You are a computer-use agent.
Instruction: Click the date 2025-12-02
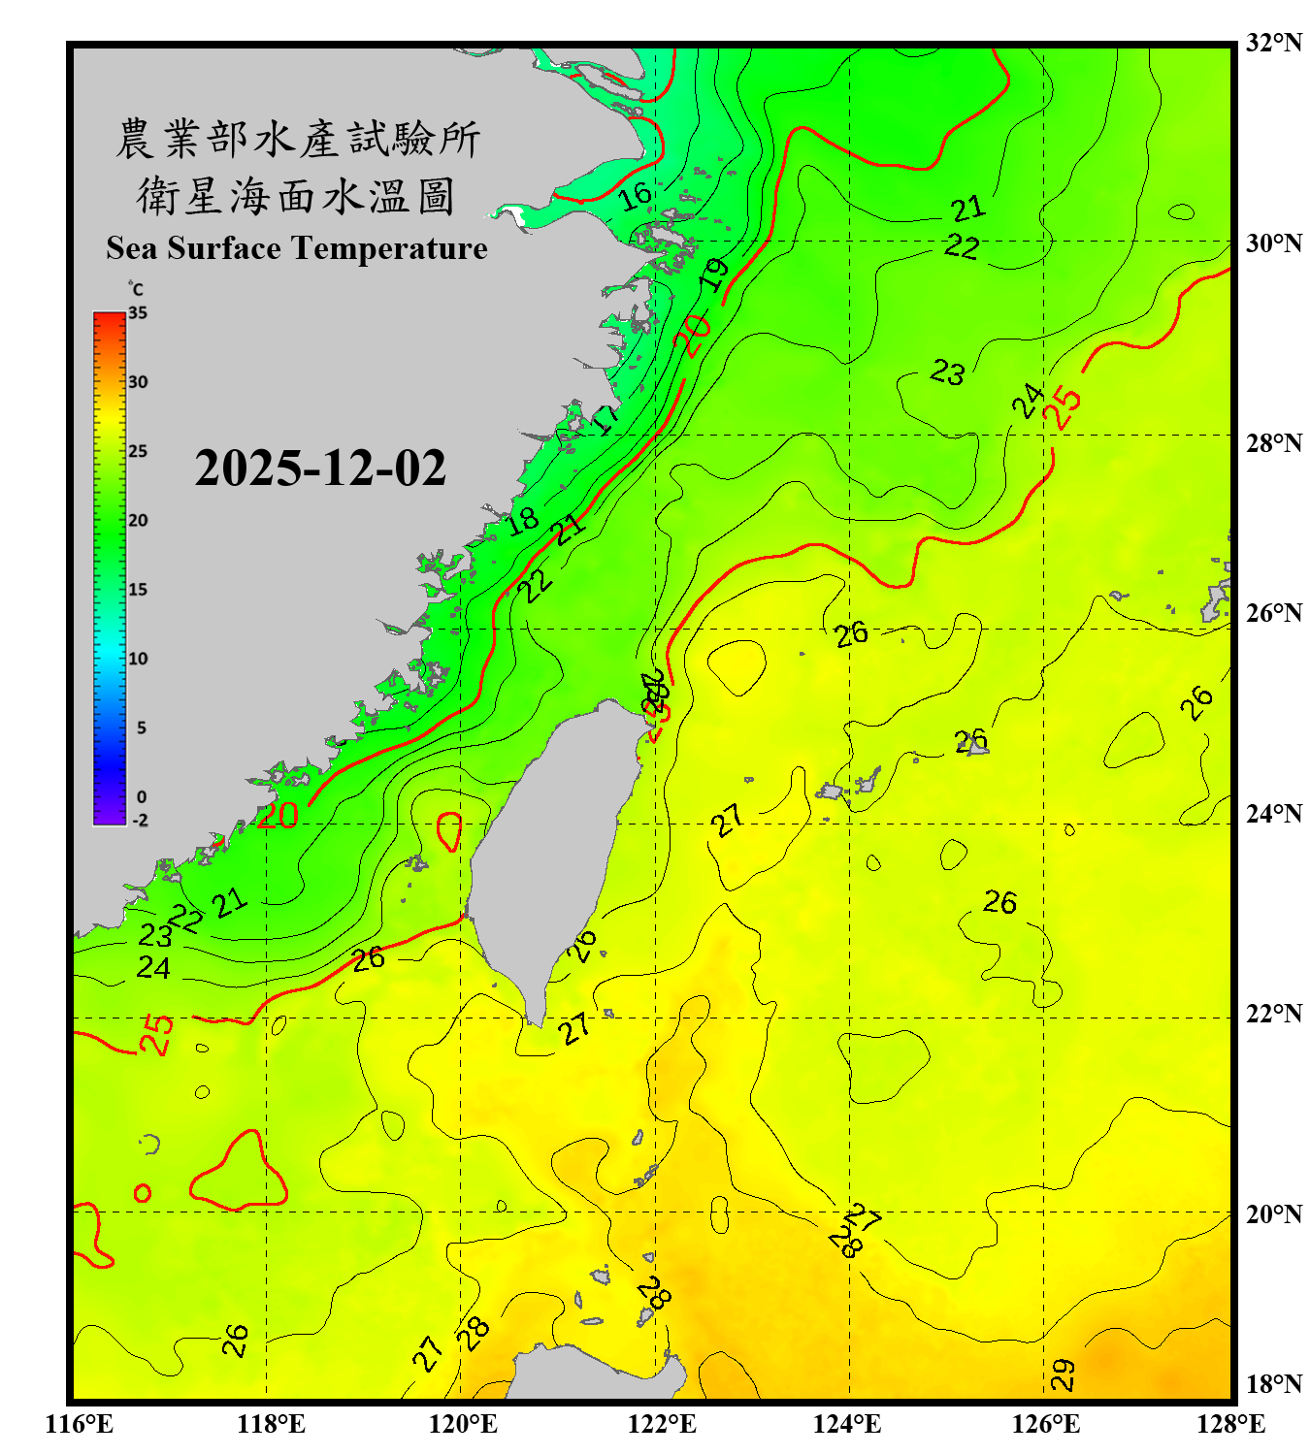320,469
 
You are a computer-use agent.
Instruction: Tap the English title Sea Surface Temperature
297,248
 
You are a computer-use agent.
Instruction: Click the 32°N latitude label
1273,43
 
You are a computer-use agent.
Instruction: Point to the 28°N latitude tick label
1273,443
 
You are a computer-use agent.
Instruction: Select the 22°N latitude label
1273,1015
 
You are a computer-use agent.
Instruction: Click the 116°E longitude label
80,1424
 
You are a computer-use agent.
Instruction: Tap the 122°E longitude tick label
662,1424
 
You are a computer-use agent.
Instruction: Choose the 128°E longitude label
1230,1424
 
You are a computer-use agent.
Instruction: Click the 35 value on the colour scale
138,313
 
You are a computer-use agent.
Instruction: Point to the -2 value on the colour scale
140,821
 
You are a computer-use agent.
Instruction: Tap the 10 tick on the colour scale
138,659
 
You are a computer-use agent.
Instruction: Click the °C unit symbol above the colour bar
136,289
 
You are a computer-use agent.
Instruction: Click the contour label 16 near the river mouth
636,196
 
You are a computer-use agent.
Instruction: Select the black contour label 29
1064,1374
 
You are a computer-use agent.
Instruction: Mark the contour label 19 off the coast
714,275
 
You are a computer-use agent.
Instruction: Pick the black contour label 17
606,418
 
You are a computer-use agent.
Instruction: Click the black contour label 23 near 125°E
948,372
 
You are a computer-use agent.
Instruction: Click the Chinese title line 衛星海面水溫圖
296,196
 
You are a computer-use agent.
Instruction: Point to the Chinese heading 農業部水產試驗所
297,139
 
